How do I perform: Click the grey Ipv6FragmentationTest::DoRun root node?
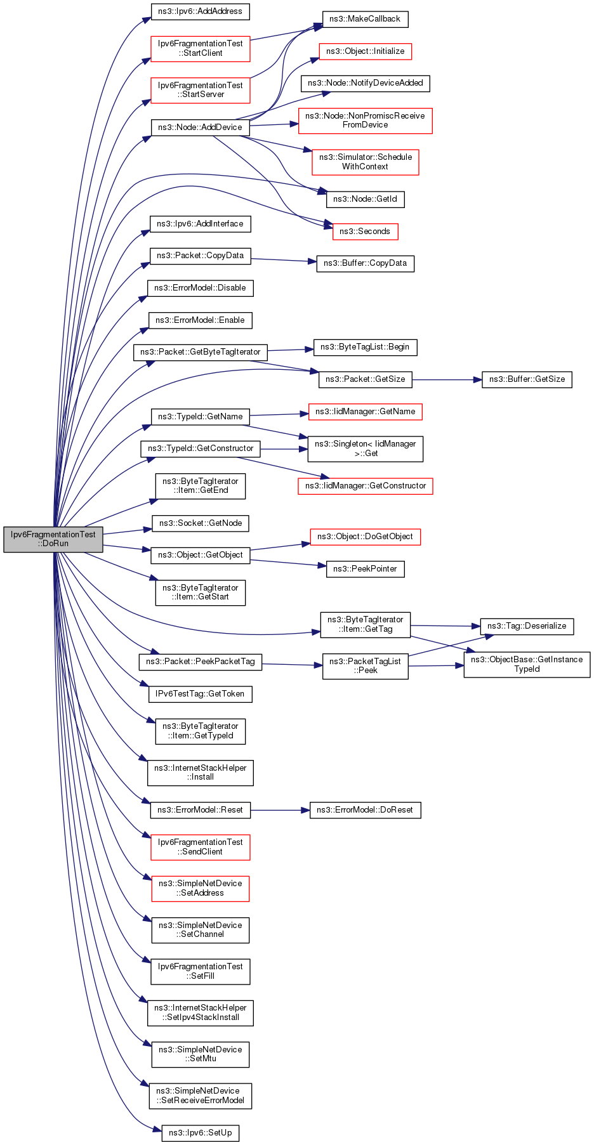click(53, 539)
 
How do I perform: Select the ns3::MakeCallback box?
click(365, 19)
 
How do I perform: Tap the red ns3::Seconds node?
click(365, 232)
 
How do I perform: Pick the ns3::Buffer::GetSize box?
click(527, 379)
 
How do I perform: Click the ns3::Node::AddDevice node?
click(200, 127)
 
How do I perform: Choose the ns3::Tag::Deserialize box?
click(527, 626)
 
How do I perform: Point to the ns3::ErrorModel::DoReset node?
click(365, 810)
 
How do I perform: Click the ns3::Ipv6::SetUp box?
click(201, 1133)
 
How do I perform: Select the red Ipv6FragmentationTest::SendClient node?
click(201, 847)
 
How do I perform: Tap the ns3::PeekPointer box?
click(365, 569)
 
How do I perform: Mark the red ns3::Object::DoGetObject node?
click(365, 537)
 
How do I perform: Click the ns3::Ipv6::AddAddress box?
click(201, 11)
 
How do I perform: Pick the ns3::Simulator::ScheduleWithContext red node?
click(365, 162)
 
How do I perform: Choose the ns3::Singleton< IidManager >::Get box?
click(365, 448)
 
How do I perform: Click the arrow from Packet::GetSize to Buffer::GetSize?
click(444, 380)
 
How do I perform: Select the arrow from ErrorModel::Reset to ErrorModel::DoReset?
click(279, 810)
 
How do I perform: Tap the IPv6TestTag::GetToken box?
click(201, 694)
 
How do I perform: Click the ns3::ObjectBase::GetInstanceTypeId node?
click(527, 664)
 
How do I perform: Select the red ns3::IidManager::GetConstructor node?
click(365, 486)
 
